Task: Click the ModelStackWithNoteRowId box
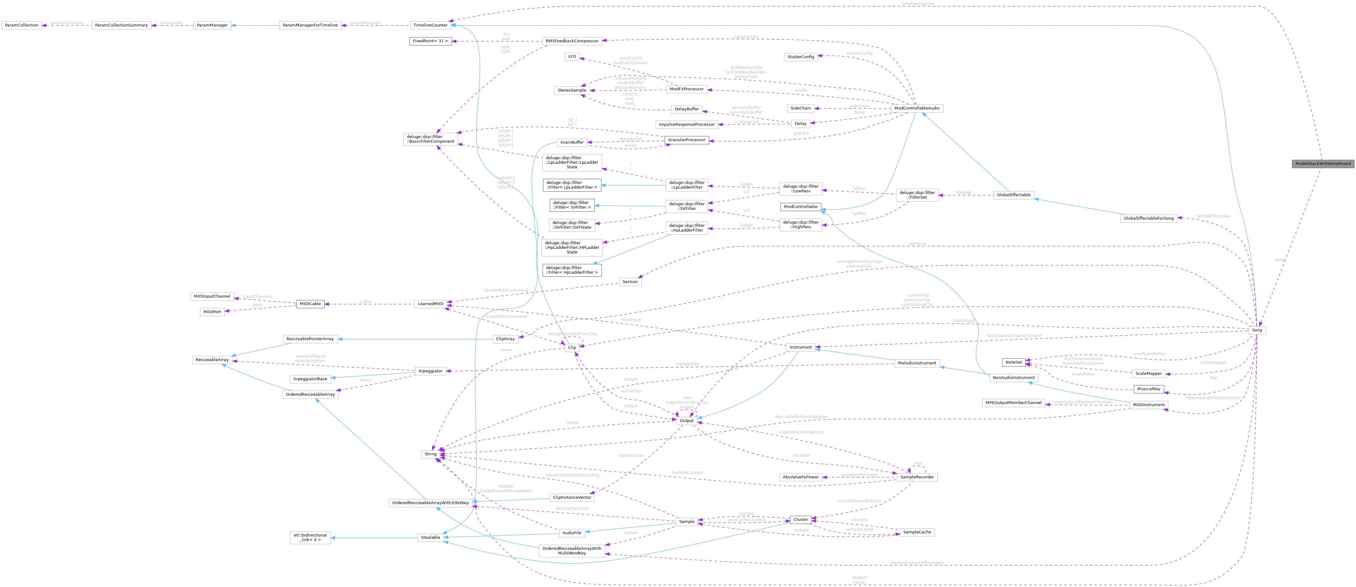tap(1322, 164)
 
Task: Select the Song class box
tap(1256, 330)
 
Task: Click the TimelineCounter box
tap(430, 25)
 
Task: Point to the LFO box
tap(572, 56)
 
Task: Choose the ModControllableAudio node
tap(916, 108)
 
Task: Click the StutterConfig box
tap(801, 57)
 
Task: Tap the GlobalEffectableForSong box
tap(1148, 218)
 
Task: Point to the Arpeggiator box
tap(430, 371)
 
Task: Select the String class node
tap(430, 454)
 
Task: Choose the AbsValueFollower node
tap(801, 477)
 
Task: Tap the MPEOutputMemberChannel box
tap(1013, 403)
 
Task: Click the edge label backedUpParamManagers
tap(917, 563)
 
